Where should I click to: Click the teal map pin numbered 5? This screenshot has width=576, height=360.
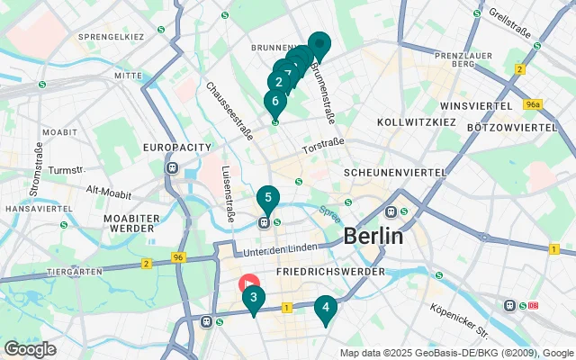[x=267, y=197]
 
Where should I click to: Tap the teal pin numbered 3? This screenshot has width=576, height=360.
[x=253, y=298]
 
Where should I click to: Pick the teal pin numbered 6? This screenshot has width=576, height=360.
[x=274, y=102]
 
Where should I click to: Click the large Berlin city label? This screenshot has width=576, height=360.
[x=373, y=237]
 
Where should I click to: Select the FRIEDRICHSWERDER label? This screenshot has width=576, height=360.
[x=332, y=271]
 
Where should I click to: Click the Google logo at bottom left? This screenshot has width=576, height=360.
[x=31, y=348]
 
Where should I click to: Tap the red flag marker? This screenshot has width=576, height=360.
[x=249, y=282]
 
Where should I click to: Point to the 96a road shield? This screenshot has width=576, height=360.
[x=533, y=104]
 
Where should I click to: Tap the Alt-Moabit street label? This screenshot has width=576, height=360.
[x=106, y=190]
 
